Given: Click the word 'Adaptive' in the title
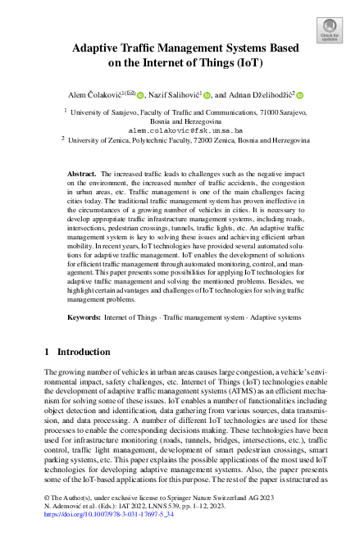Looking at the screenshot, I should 100,48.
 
